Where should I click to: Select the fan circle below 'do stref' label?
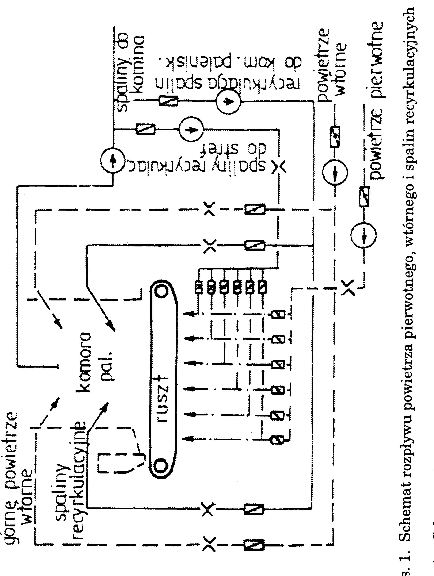[191, 129]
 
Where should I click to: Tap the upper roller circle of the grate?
[161, 291]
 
